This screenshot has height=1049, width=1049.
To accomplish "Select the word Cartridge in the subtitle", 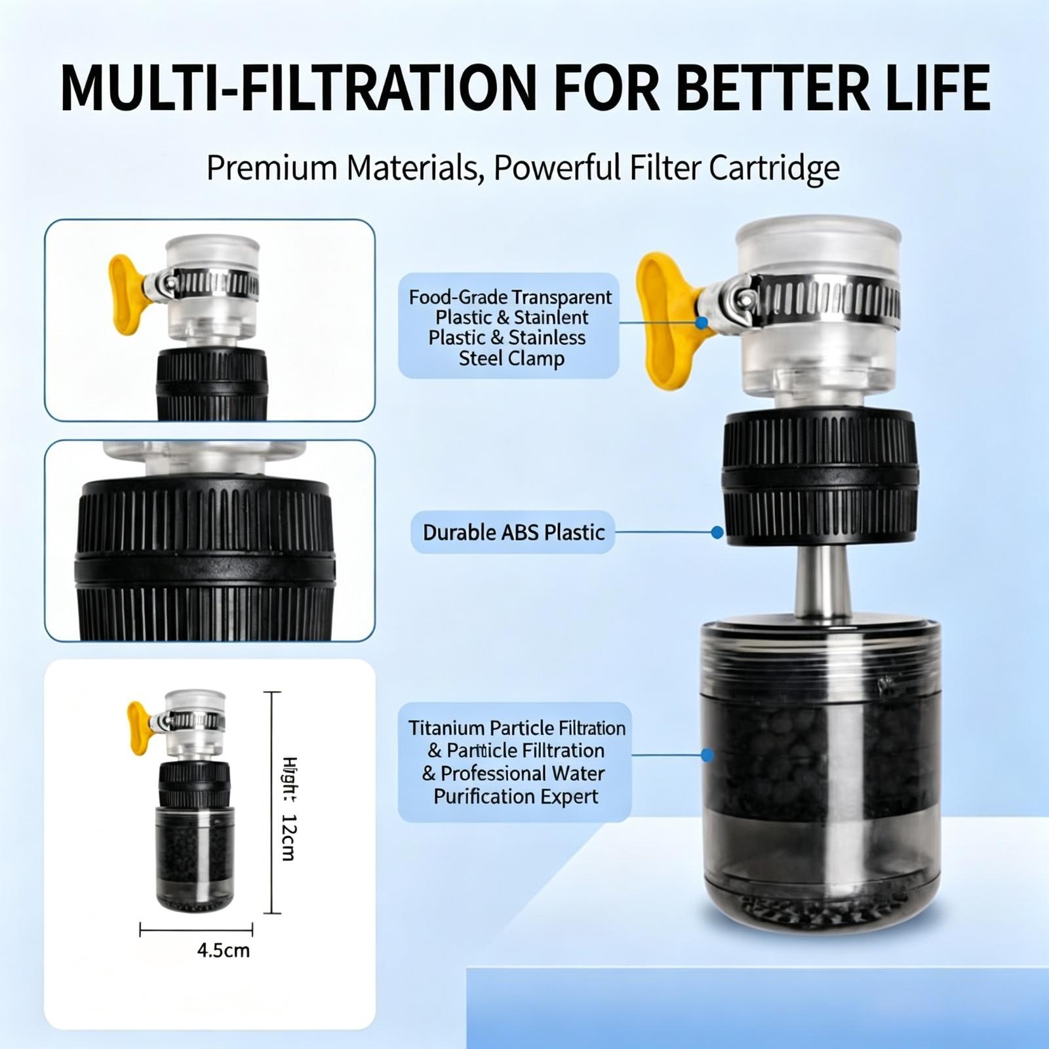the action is (774, 168).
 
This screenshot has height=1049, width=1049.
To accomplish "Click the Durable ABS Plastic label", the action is (513, 532).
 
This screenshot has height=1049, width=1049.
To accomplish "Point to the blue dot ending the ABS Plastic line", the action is (717, 532).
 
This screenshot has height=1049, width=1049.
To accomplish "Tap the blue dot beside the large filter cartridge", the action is (707, 755).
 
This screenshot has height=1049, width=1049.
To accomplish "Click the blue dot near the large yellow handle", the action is (702, 323).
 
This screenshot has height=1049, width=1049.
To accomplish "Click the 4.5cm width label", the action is (224, 950).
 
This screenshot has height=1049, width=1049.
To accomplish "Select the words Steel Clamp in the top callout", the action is (511, 359).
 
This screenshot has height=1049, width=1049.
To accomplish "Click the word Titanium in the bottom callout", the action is (446, 728).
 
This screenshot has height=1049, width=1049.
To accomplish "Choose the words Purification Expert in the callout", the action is (516, 797).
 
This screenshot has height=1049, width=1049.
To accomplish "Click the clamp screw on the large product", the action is (741, 299).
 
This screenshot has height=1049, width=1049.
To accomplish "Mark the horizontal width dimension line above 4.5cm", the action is (196, 929).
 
